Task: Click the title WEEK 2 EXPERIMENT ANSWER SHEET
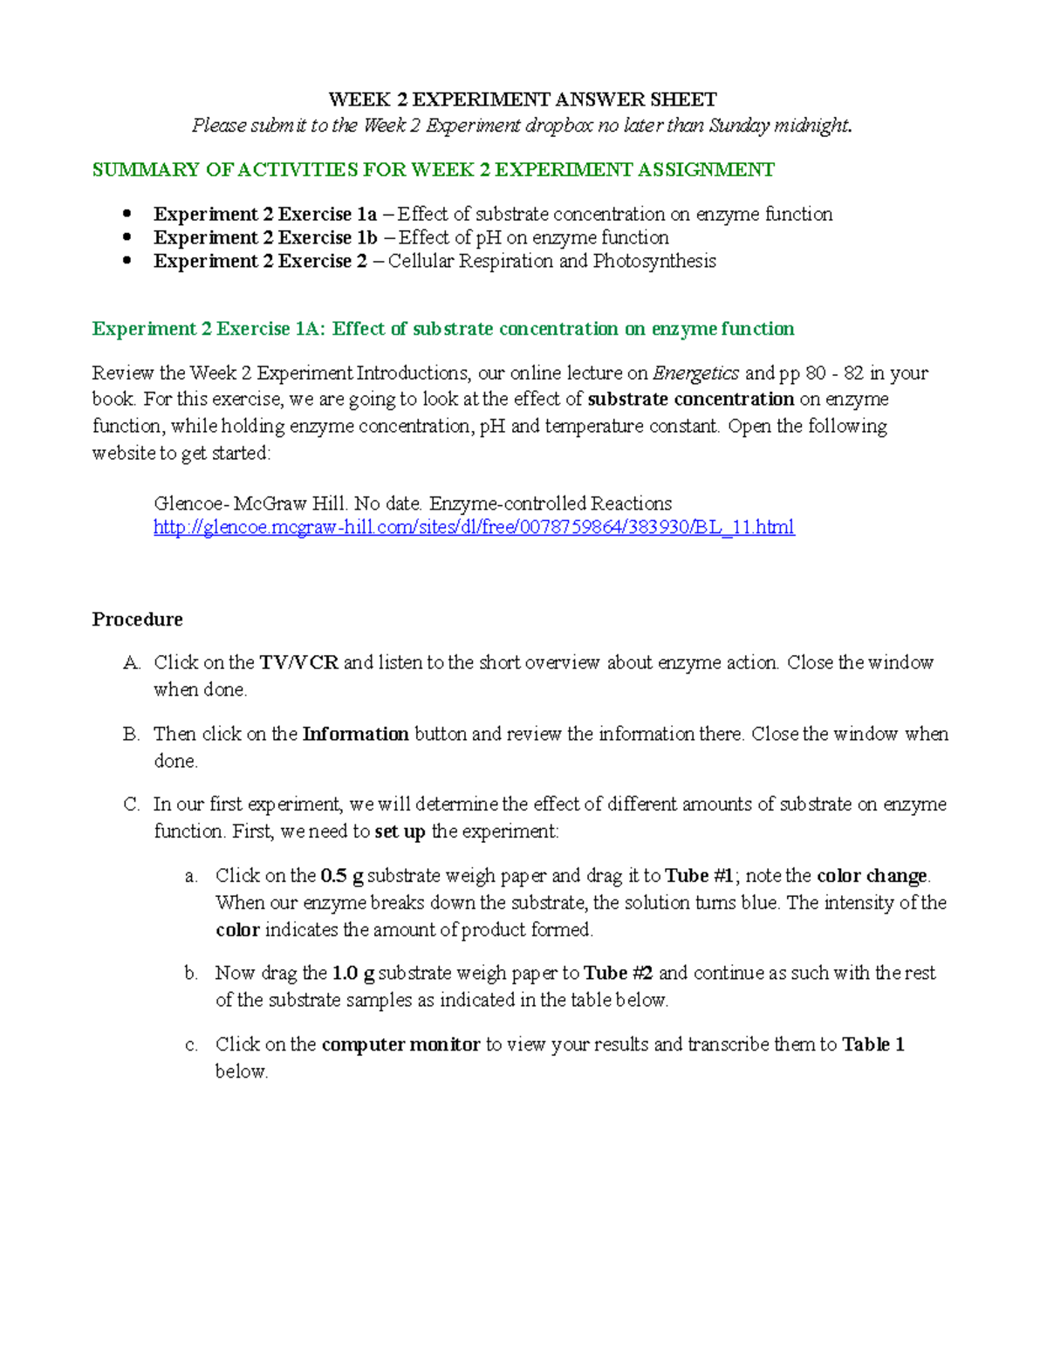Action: pyautogui.click(x=522, y=99)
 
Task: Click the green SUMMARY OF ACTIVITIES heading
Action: pyautogui.click(x=433, y=170)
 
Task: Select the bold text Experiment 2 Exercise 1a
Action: pyautogui.click(x=265, y=215)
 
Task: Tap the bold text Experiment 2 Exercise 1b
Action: pyautogui.click(x=265, y=238)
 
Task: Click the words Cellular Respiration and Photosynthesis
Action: pyautogui.click(x=551, y=262)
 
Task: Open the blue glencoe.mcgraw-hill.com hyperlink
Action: pyautogui.click(x=474, y=528)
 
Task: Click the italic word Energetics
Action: pyautogui.click(x=695, y=373)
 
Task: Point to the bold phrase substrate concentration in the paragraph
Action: pyautogui.click(x=690, y=400)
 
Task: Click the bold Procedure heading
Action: pyautogui.click(x=137, y=619)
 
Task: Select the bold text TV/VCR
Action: pyautogui.click(x=298, y=663)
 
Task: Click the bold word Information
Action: pyautogui.click(x=355, y=735)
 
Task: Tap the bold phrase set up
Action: pyautogui.click(x=400, y=831)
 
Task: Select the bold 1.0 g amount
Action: pyautogui.click(x=353, y=974)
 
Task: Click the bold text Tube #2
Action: pyautogui.click(x=618, y=974)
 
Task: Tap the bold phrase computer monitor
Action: pyautogui.click(x=400, y=1045)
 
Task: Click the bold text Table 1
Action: pyautogui.click(x=872, y=1045)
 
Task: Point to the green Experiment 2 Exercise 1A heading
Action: pyautogui.click(x=443, y=329)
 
